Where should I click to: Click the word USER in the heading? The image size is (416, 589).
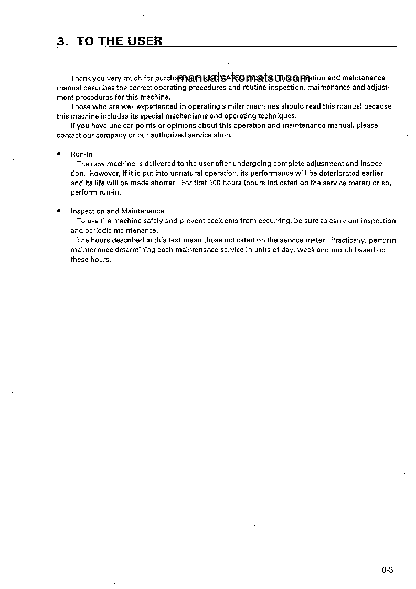(143, 41)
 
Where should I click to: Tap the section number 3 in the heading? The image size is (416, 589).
(60, 41)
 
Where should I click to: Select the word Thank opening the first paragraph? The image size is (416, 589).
(81, 78)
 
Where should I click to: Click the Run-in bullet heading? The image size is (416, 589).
(81, 154)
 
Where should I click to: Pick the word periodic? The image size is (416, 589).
(98, 230)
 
